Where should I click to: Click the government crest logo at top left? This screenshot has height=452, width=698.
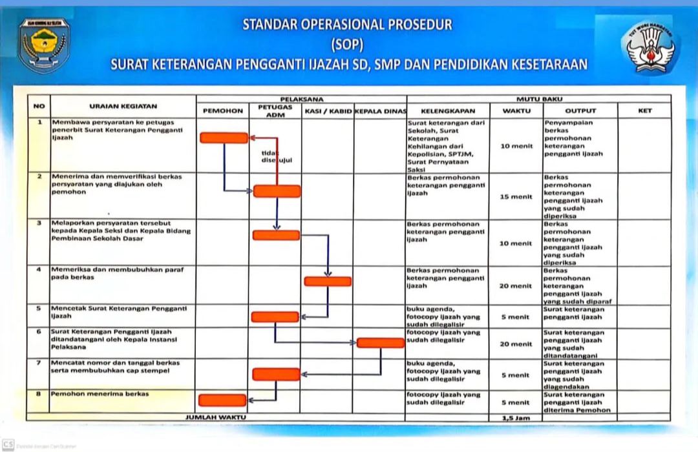(44, 45)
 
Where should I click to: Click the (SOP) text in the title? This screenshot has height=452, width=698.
(347, 45)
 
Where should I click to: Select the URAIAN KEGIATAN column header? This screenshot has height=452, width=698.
(123, 106)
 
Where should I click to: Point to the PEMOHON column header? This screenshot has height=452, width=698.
(223, 111)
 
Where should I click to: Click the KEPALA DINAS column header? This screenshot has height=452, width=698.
(380, 111)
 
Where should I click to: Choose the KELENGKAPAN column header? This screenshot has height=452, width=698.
(448, 111)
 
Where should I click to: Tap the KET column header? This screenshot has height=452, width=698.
(644, 111)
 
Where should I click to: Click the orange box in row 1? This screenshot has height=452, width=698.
(224, 138)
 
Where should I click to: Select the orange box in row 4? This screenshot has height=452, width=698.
(328, 281)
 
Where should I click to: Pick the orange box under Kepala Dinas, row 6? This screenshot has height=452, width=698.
(381, 343)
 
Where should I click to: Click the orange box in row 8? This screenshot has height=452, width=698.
(222, 400)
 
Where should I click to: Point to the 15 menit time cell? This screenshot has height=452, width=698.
(516, 196)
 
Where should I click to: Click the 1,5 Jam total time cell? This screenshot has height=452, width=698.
(516, 418)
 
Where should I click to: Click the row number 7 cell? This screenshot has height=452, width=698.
(39, 363)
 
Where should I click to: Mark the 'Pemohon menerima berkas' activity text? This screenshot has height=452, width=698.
(100, 394)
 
